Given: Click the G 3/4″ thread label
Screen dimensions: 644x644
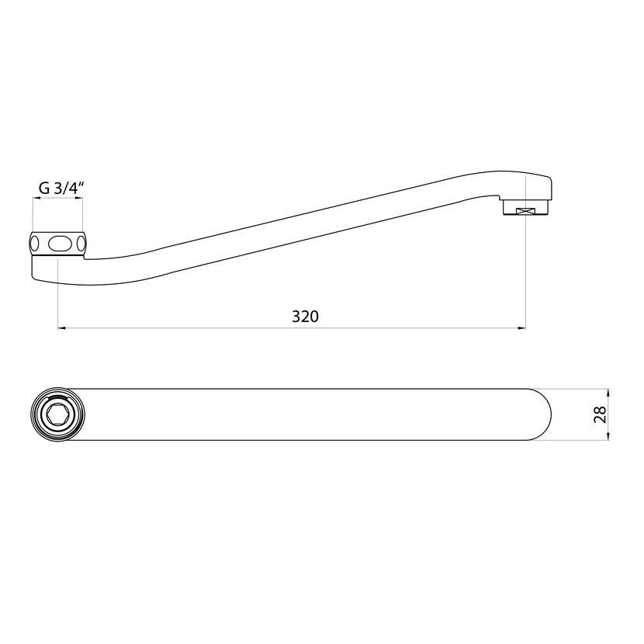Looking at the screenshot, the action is (61, 188).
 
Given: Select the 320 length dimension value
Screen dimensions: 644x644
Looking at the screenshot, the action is (305, 317).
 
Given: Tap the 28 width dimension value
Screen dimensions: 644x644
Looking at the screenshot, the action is (600, 414).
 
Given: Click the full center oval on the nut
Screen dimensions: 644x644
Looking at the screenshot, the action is (57, 244).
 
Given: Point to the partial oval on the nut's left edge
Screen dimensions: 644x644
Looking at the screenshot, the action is (34, 244).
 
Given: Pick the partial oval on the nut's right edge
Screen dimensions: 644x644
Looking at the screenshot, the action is (81, 244).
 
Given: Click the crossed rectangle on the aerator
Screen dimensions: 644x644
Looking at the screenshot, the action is (526, 211).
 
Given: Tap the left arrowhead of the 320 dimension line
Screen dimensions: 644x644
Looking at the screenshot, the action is (61, 327).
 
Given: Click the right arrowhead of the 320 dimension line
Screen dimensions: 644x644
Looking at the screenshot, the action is (521, 327).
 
